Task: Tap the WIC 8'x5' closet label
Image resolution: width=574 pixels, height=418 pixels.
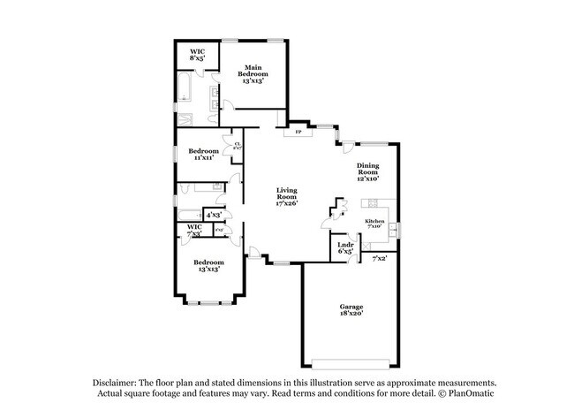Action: coord(198,56)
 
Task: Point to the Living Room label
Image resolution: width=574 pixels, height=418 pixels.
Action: coord(288,194)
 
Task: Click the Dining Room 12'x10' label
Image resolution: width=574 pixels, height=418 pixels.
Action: coord(368,171)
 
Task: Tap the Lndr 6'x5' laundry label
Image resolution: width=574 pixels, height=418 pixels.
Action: coord(345,248)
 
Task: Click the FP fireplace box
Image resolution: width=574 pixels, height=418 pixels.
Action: coord(297,133)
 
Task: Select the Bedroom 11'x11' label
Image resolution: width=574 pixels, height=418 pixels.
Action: coord(199,155)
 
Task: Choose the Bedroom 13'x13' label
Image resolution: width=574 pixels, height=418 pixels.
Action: coord(208,265)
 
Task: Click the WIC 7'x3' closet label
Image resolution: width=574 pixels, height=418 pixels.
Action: coord(194,230)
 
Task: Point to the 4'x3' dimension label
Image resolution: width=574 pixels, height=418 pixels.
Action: coord(213,215)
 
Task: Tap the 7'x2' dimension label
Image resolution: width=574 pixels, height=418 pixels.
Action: coord(380,258)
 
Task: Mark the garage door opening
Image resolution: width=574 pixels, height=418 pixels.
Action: coord(351,365)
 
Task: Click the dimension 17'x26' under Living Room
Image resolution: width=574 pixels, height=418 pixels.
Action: coord(288,203)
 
